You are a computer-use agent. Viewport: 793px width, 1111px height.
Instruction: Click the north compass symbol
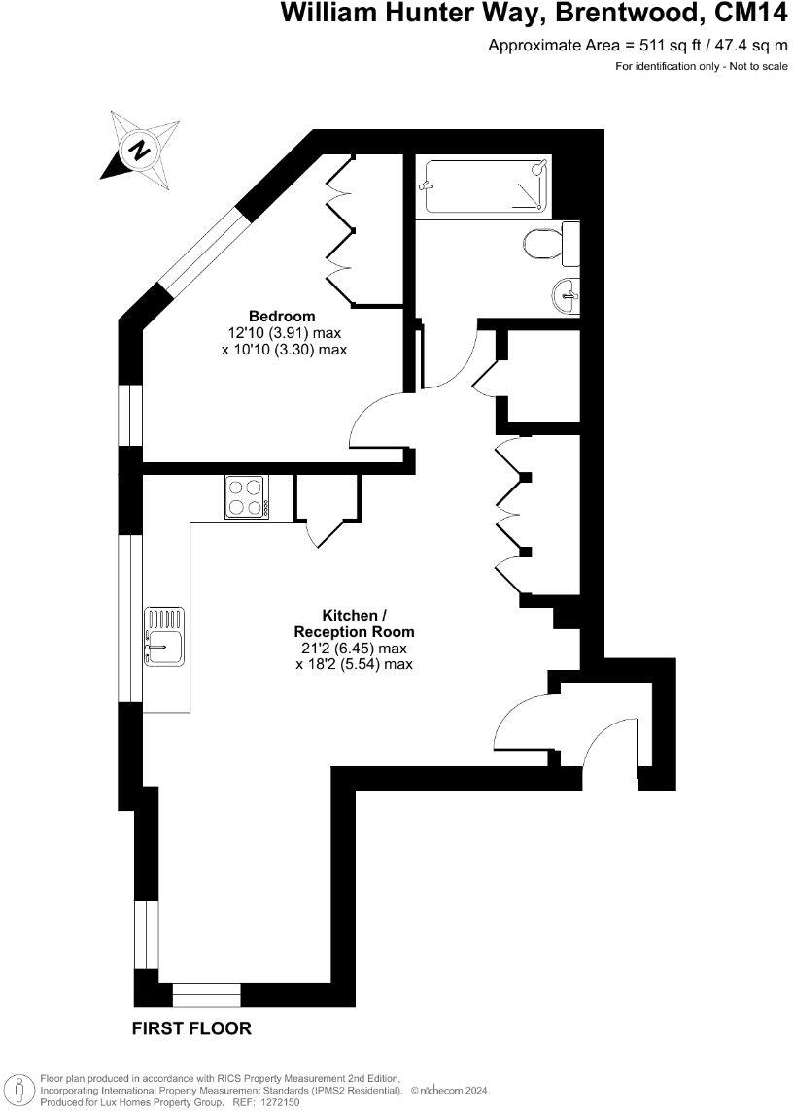pyautogui.click(x=142, y=148)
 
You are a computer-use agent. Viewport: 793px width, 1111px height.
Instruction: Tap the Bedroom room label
pyautogui.click(x=282, y=316)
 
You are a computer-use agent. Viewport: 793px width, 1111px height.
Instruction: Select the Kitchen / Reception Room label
pyautogui.click(x=355, y=623)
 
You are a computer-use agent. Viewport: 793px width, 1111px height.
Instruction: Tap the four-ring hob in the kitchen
pyautogui.click(x=247, y=497)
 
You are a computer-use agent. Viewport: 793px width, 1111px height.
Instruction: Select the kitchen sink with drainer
pyautogui.click(x=164, y=637)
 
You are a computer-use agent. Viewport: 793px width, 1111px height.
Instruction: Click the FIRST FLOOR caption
pyautogui.click(x=191, y=1028)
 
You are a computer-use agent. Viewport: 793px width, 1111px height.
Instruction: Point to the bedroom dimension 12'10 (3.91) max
pyautogui.click(x=284, y=332)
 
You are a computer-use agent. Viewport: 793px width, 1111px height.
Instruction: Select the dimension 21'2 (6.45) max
pyautogui.click(x=355, y=648)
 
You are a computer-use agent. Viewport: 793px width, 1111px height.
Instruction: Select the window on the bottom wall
pyautogui.click(x=206, y=994)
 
